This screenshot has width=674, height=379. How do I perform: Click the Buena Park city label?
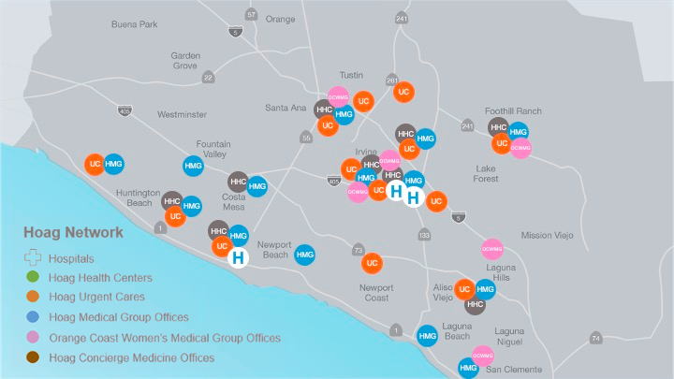(135, 23)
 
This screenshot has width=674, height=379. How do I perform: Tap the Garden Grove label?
(185, 61)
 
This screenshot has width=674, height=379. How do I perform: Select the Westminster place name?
(182, 114)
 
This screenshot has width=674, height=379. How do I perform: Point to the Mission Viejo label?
(549, 235)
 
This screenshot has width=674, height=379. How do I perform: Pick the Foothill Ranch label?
(513, 110)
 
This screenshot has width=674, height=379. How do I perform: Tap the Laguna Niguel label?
(509, 336)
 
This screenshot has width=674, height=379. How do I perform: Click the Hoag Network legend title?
(74, 232)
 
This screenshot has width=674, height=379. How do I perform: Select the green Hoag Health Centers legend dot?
(33, 278)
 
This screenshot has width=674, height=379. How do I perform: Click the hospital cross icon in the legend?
(33, 257)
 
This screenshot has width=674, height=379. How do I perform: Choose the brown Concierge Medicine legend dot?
(33, 357)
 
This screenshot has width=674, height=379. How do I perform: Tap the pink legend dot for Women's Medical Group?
(33, 337)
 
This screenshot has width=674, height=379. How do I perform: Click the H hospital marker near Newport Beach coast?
(239, 257)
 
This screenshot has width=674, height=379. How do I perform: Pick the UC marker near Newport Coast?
(372, 263)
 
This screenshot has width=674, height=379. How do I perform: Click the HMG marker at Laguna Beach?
(427, 336)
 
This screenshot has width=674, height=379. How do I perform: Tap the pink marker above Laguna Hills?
(492, 248)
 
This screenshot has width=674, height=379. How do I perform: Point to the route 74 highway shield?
(595, 338)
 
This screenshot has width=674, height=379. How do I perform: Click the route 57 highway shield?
(251, 14)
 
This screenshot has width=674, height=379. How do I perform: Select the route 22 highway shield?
(208, 78)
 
